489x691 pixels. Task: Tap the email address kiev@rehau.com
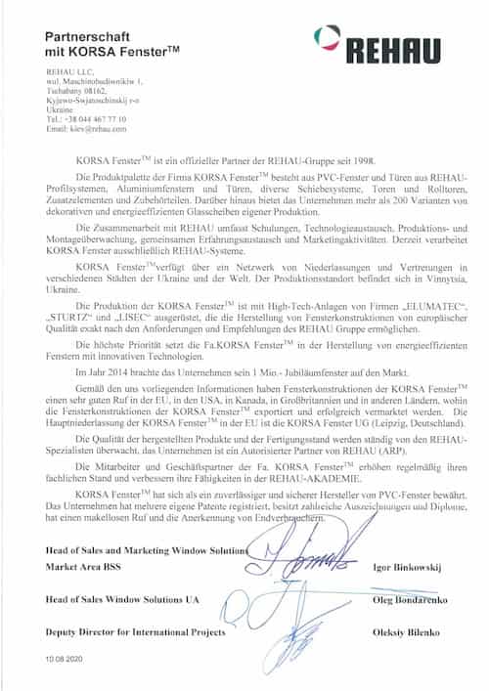click(86, 128)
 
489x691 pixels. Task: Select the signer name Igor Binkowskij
click(409, 567)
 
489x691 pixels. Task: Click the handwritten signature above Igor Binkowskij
click(303, 559)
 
